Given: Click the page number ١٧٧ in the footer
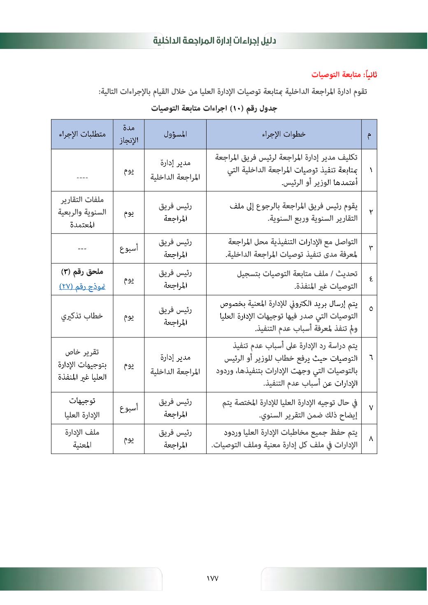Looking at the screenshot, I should click(x=213, y=578).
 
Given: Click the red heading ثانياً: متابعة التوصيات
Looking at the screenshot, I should click(x=344, y=75).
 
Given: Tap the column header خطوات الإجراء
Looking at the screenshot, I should click(x=284, y=134).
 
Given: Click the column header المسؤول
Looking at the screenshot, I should click(x=175, y=134).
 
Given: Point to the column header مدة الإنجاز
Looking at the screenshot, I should click(x=129, y=134).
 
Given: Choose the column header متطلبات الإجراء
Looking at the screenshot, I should click(x=82, y=134).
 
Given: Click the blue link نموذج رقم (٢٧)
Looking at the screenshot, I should click(x=82, y=286).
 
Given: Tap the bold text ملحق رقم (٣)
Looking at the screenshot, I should click(x=82, y=272).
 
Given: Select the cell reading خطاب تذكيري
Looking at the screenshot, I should click(x=82, y=316).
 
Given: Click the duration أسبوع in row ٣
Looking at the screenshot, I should click(x=129, y=248).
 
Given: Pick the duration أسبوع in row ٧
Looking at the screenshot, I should click(x=129, y=408).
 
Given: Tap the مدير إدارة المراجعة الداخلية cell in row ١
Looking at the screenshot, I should click(x=175, y=170).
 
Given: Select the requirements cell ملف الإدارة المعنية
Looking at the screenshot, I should click(x=82, y=439).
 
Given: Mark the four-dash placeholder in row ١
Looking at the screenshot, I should click(x=82, y=178).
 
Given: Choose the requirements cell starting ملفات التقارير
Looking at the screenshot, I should click(x=82, y=212).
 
